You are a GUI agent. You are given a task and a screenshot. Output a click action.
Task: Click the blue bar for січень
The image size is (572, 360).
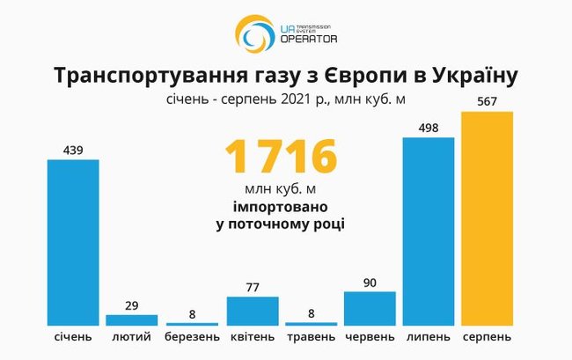pyautogui.click(x=73, y=242)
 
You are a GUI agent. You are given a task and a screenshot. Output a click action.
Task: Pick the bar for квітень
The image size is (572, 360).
pyautogui.click(x=253, y=311)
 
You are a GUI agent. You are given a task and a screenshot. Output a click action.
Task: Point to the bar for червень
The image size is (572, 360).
pyautogui.click(x=370, y=308)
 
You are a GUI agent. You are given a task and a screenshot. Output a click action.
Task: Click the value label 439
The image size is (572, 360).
pyautogui.click(x=73, y=150)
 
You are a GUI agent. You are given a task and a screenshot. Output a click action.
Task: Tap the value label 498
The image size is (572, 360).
pyautogui.click(x=429, y=128)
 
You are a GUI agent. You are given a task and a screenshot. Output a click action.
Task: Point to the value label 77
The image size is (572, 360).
pyautogui.click(x=253, y=286)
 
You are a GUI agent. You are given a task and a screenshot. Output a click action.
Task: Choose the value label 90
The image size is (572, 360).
pyautogui.click(x=370, y=282)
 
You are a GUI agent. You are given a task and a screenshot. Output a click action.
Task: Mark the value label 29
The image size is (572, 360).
pyautogui.click(x=132, y=305)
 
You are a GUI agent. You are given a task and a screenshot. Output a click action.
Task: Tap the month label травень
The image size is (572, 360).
pyautogui.click(x=310, y=337)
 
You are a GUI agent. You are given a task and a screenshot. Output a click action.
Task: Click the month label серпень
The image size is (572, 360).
pyautogui.click(x=487, y=337)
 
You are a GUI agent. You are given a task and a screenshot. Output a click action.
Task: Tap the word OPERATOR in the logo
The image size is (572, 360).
pyautogui.click(x=307, y=39)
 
